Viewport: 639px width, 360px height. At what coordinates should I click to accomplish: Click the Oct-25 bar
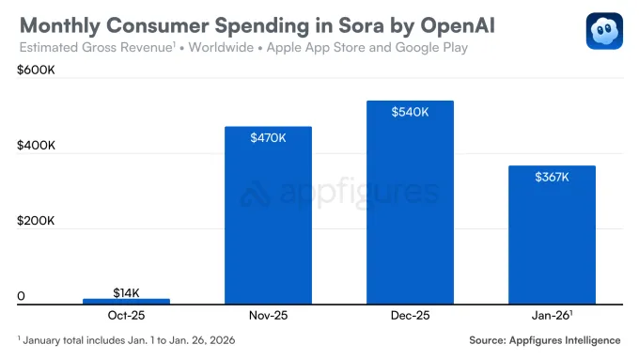[126, 301]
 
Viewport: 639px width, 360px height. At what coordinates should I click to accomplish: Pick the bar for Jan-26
[552, 234]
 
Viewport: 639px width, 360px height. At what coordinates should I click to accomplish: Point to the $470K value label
[268, 138]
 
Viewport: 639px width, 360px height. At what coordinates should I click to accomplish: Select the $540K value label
[410, 112]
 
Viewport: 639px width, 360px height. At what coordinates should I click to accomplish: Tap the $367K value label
[552, 177]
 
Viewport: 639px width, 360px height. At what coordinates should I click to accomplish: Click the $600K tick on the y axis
[37, 71]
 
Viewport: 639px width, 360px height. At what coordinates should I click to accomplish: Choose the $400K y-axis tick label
[37, 147]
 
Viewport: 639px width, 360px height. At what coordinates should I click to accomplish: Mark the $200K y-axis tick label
[37, 222]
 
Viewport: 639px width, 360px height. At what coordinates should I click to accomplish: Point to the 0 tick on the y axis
[21, 297]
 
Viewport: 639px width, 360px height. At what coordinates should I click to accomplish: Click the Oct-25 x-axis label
[126, 317]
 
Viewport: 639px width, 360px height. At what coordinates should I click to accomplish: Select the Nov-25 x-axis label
[268, 317]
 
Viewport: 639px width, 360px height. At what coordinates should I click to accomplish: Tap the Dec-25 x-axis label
[410, 317]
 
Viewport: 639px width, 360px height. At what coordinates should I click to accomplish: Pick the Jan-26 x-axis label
[552, 317]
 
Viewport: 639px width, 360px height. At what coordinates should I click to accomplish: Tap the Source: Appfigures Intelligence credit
[544, 340]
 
